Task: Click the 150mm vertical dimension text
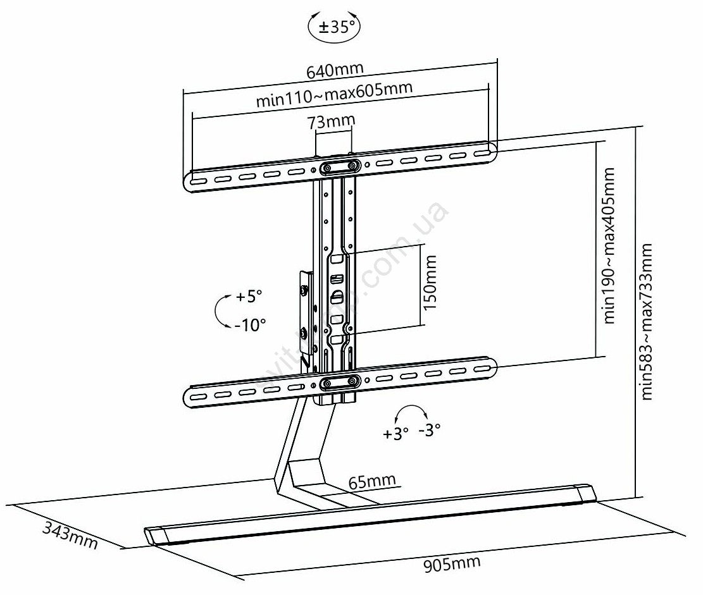tap(430, 282)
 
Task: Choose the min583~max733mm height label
tap(647, 322)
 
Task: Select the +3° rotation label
tap(396, 434)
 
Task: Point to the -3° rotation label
tap(429, 431)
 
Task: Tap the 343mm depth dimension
tap(70, 534)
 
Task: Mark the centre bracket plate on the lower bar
tap(340, 381)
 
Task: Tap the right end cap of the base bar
tap(585, 494)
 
